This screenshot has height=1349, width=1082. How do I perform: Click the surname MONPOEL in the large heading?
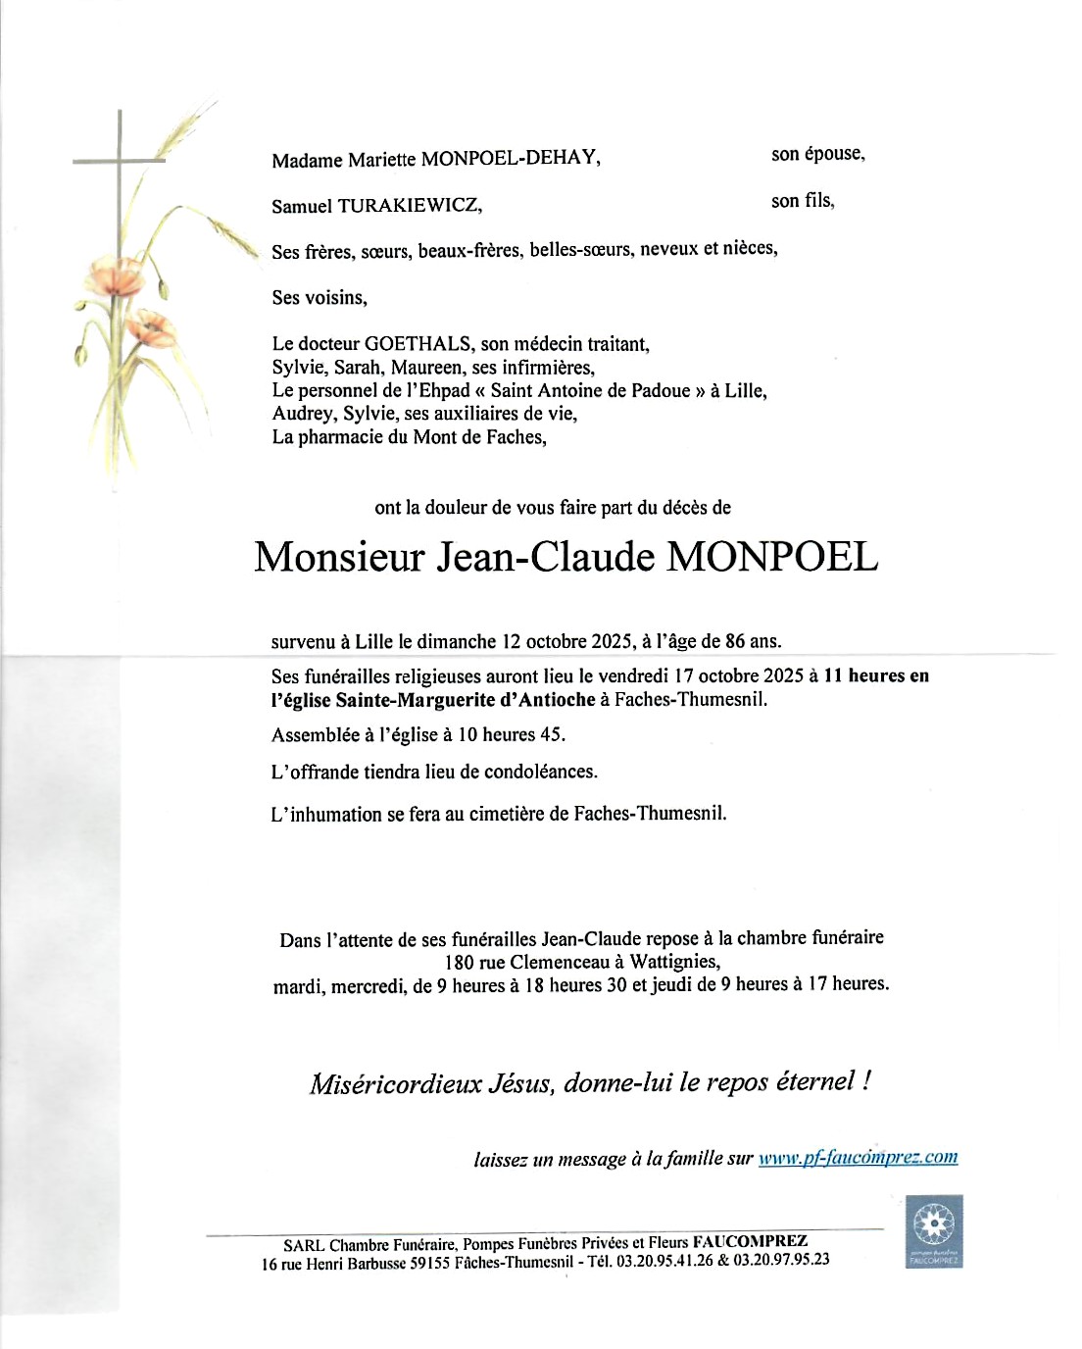coord(772,557)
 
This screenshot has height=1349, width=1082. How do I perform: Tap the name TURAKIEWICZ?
coord(410,206)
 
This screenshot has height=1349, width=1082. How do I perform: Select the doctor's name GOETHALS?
coord(418,344)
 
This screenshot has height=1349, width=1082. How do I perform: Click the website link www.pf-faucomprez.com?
coord(858,1157)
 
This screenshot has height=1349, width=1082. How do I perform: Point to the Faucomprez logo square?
coord(933,1230)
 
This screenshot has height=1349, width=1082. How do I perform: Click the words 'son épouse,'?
coord(817,154)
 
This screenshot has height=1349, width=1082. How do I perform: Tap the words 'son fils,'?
coord(803,201)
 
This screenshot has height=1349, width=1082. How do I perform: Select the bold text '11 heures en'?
coord(876,675)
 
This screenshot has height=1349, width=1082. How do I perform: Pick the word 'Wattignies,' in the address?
coord(675,962)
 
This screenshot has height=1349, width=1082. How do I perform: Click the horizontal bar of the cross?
coord(119,160)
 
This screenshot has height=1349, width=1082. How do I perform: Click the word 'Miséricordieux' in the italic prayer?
coord(396,1083)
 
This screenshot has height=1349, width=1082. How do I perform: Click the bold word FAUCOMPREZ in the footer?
coord(751,1241)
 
